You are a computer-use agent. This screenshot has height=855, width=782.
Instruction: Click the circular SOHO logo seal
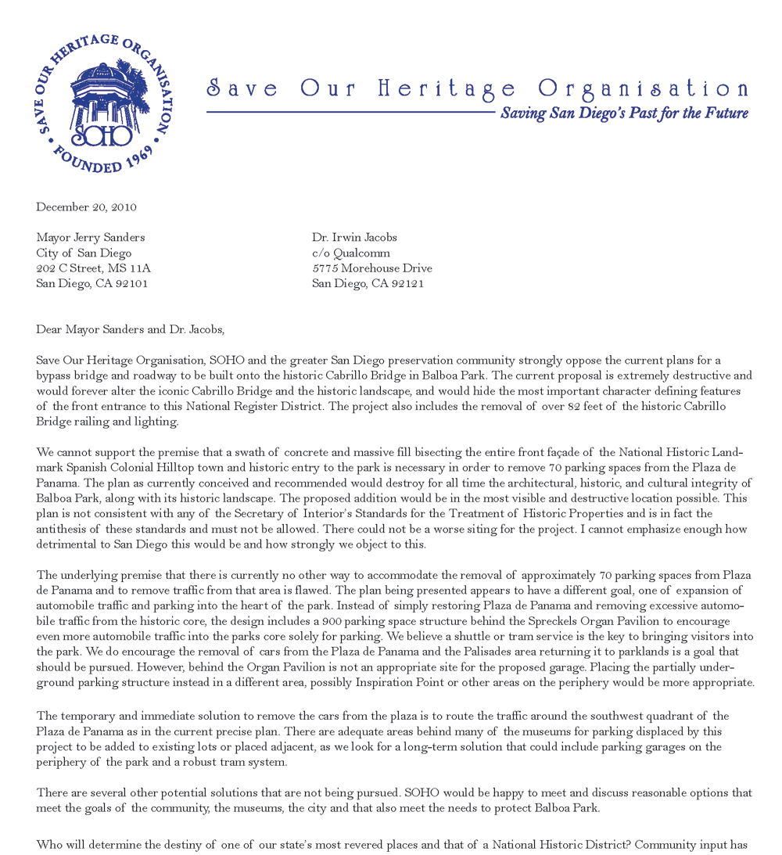106,103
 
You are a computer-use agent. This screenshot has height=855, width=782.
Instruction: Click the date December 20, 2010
86,207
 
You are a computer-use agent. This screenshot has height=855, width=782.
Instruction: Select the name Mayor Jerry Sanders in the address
91,238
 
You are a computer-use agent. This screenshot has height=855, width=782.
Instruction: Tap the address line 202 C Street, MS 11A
93,268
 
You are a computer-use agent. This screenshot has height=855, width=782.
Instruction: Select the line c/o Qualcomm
350,253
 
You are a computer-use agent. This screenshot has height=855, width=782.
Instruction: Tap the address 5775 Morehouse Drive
371,268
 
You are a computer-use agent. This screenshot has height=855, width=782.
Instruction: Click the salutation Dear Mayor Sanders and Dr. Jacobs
130,329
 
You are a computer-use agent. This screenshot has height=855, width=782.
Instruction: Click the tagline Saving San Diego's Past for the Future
624,113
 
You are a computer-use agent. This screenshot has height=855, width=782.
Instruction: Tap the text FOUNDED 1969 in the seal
102,163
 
